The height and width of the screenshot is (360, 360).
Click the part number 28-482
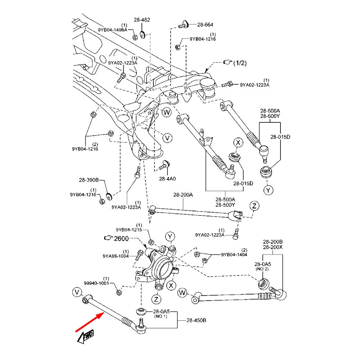click(142, 20)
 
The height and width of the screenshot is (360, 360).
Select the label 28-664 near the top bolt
click(205, 25)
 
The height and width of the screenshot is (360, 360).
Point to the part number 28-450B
click(196, 320)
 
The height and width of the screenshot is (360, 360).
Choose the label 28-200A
click(183, 195)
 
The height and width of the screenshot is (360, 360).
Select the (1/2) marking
click(240, 63)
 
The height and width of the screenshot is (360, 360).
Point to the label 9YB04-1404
click(234, 255)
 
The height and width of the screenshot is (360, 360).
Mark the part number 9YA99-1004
click(115, 256)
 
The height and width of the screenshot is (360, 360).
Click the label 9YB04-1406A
click(112, 30)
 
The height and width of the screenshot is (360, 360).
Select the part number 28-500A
click(225, 199)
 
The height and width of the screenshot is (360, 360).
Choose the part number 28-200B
click(273, 242)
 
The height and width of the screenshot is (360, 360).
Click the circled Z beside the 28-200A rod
click(255, 206)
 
